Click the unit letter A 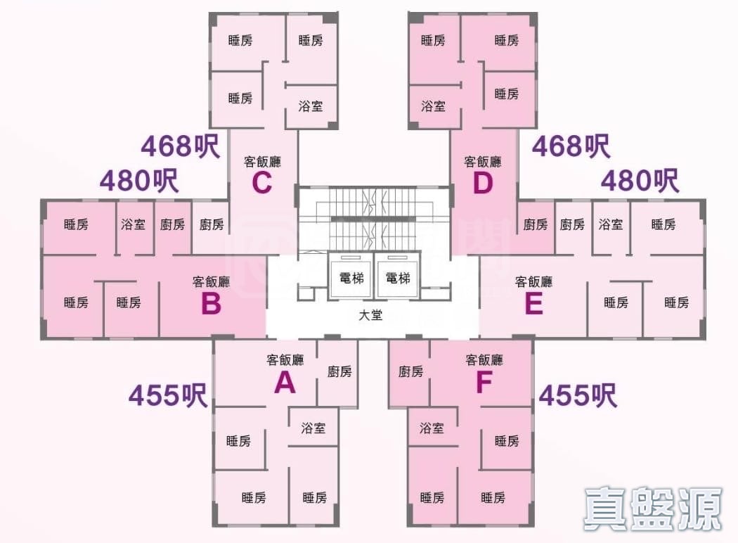click(284, 383)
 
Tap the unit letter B click(211, 305)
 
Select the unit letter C click(261, 184)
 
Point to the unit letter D click(483, 184)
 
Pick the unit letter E click(533, 305)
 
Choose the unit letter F click(484, 383)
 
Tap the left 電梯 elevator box click(351, 277)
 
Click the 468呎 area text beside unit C click(180, 146)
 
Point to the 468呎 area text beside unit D click(571, 146)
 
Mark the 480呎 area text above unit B click(138, 181)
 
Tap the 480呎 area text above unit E click(640, 181)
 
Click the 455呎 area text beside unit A click(167, 396)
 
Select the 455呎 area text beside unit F click(578, 396)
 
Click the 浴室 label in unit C click(311, 106)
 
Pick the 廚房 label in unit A click(339, 371)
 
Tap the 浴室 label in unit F click(432, 428)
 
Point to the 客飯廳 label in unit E click(533, 281)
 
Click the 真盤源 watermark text click(652, 508)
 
